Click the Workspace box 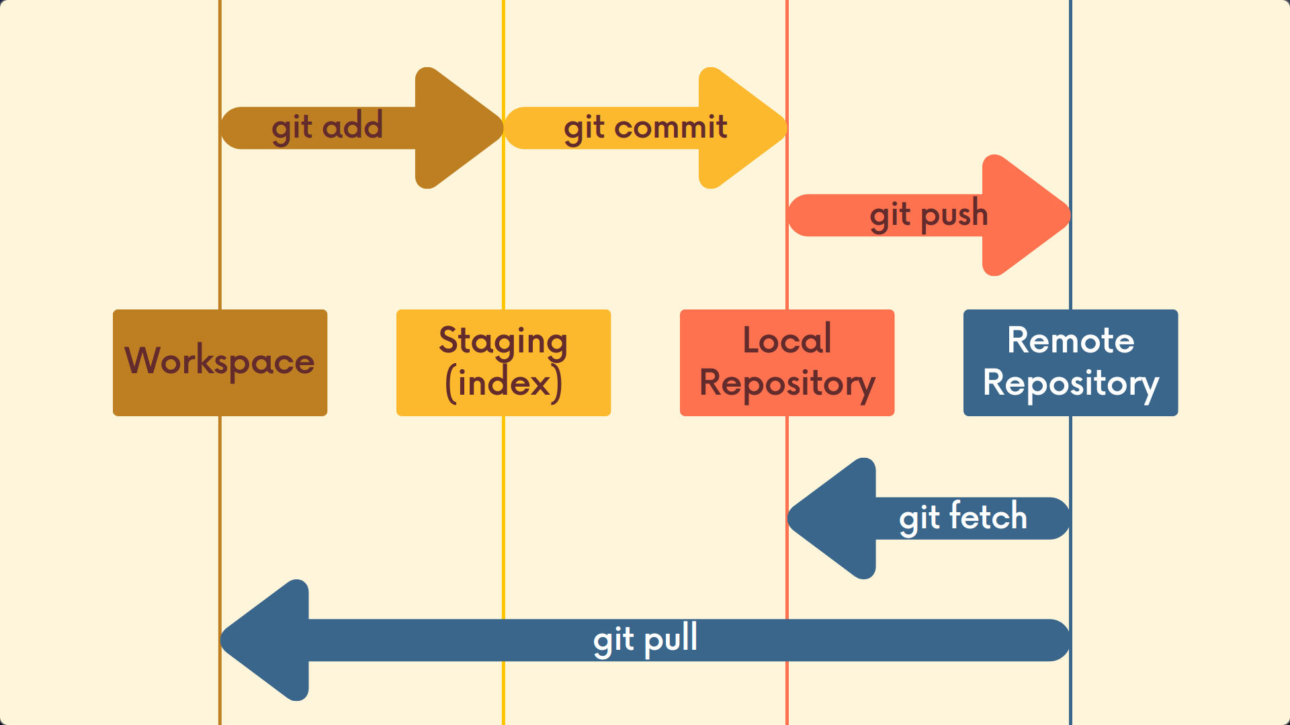pyautogui.click(x=220, y=362)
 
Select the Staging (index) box pyautogui.click(x=503, y=362)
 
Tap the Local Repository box pyautogui.click(x=787, y=362)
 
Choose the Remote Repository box pyautogui.click(x=1070, y=362)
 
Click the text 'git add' pyautogui.click(x=327, y=126)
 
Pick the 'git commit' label pyautogui.click(x=645, y=127)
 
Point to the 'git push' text pyautogui.click(x=929, y=215)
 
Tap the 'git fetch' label pyautogui.click(x=963, y=517)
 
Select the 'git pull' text pyautogui.click(x=645, y=638)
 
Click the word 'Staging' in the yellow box pyautogui.click(x=503, y=341)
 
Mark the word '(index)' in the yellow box pyautogui.click(x=503, y=383)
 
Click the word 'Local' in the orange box pyautogui.click(x=787, y=340)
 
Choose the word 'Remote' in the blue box pyautogui.click(x=1070, y=340)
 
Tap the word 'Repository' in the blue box pyautogui.click(x=1070, y=383)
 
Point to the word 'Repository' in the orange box pyautogui.click(x=787, y=383)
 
